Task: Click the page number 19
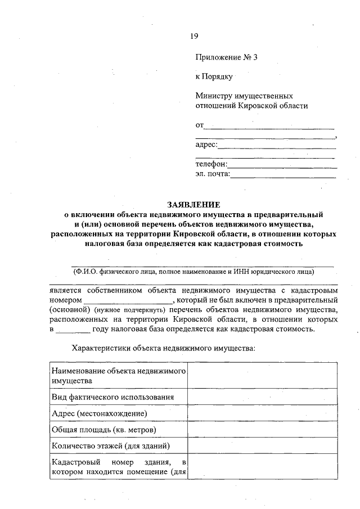[x=193, y=36]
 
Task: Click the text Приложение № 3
[x=226, y=57]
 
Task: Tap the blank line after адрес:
[x=277, y=147]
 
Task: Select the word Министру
[x=213, y=96]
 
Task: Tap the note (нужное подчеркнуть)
[x=127, y=310]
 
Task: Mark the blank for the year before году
[x=73, y=330]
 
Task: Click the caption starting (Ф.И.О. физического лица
[x=193, y=271]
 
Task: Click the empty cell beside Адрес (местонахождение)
[x=262, y=413]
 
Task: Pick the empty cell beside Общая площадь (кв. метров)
[x=262, y=430]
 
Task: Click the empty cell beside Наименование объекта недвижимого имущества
[x=262, y=375]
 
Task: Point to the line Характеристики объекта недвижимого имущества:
[x=164, y=349]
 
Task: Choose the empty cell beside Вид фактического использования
[x=262, y=397]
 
